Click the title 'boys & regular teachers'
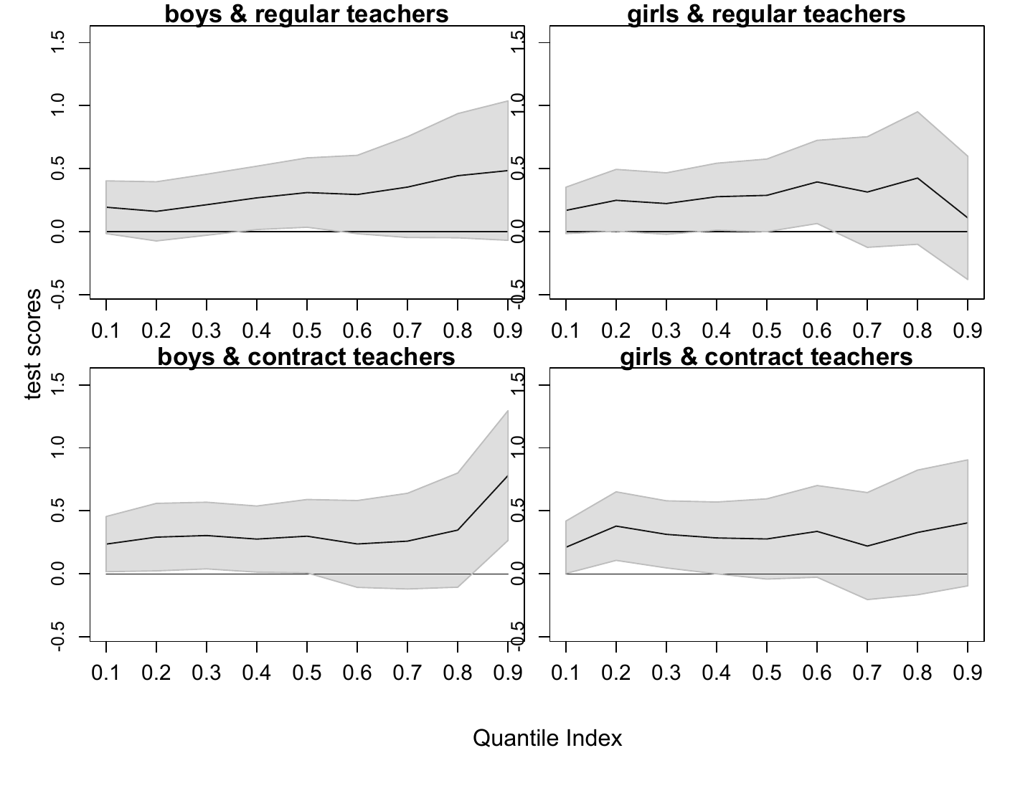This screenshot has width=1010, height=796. [306, 14]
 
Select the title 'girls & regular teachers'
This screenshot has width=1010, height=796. [766, 14]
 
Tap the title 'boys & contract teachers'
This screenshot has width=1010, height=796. [306, 356]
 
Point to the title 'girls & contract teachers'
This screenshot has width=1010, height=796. [766, 356]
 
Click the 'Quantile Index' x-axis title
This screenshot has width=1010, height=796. [547, 738]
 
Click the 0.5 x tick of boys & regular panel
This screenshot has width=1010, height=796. [307, 331]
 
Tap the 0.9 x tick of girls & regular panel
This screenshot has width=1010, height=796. [968, 331]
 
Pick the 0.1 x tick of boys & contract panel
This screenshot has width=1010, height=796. [106, 673]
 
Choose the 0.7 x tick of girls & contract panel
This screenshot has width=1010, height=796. [867, 673]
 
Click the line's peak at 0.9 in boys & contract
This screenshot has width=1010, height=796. [508, 476]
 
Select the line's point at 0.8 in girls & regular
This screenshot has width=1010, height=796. [917, 178]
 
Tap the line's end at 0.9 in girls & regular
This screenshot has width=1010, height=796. [968, 217]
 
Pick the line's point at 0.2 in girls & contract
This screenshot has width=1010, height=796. [616, 526]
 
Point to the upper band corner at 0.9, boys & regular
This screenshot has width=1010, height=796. [508, 100]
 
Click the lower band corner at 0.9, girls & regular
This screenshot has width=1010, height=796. [968, 280]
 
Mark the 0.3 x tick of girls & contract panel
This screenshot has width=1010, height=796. [666, 673]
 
